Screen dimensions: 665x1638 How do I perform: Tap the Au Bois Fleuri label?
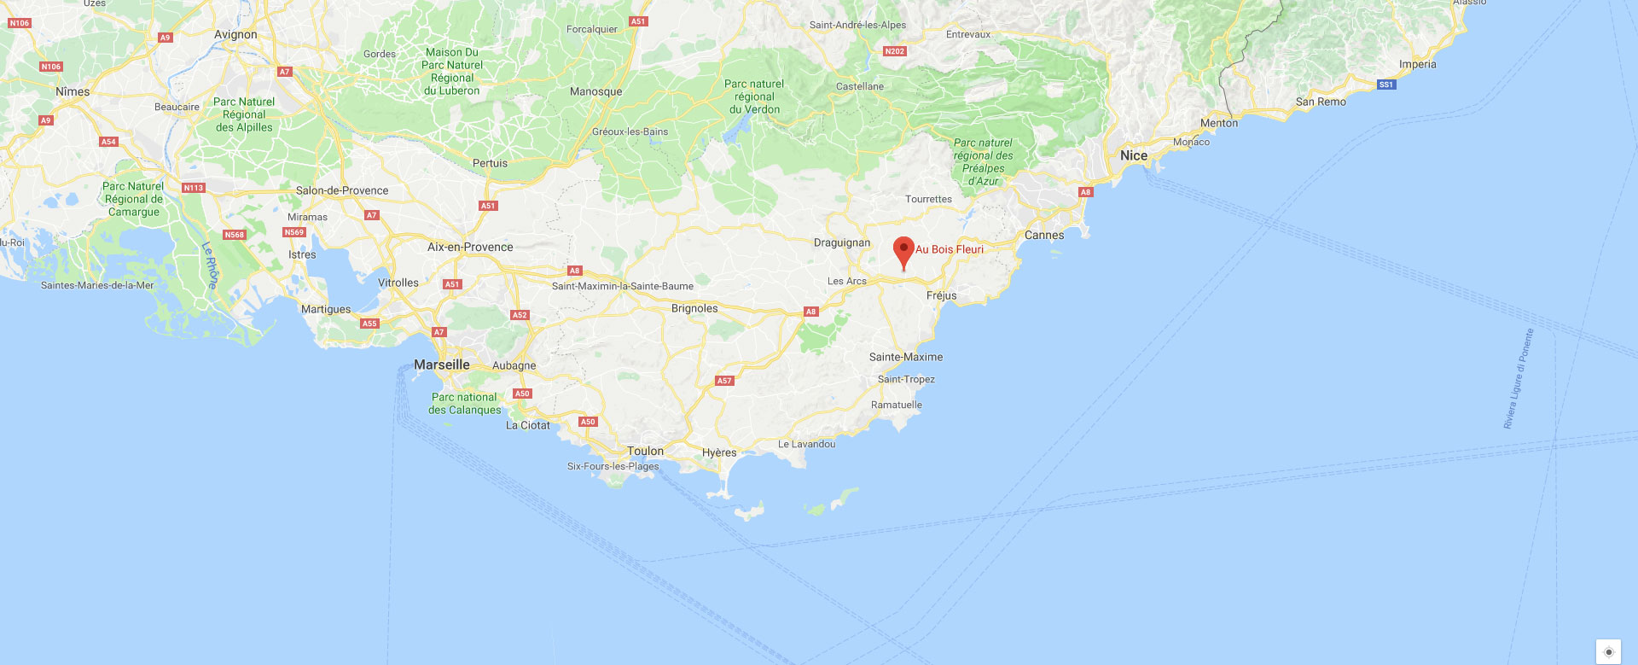[950, 249]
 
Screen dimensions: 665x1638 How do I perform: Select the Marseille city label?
[441, 365]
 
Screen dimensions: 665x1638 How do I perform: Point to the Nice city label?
[1133, 155]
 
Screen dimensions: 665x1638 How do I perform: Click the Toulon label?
[645, 451]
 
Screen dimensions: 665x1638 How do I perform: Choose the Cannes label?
[1044, 235]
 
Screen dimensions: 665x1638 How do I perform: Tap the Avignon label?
[235, 35]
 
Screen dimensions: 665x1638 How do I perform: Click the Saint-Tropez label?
[906, 379]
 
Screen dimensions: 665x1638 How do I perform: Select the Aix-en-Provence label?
[470, 247]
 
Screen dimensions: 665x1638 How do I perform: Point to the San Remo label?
[1321, 102]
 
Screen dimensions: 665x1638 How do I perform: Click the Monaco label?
[1191, 142]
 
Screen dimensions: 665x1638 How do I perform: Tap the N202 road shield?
[894, 51]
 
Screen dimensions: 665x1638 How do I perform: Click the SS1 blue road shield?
[1386, 85]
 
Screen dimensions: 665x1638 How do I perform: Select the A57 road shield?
[724, 381]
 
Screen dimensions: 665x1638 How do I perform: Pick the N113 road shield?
[194, 188]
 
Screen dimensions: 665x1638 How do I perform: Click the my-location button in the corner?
[1608, 651]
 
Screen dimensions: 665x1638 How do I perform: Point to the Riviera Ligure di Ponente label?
[1518, 378]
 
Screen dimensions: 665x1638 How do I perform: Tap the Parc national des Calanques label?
[465, 404]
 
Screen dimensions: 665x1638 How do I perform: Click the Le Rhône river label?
[210, 265]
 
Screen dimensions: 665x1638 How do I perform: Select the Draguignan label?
[842, 242]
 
